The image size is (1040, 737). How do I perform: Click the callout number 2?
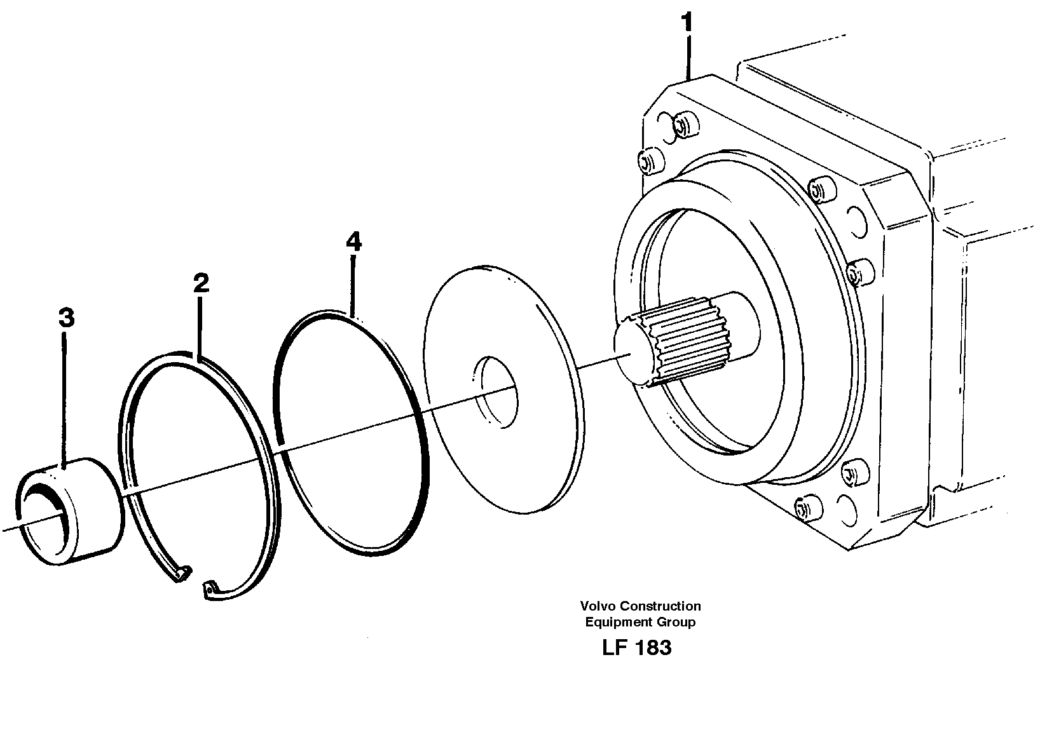201,283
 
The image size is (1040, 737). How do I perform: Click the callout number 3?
66,318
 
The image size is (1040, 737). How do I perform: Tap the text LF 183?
636,647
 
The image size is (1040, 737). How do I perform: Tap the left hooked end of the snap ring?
181,574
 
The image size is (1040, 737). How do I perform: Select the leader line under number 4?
353,283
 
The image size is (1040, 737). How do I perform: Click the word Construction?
660,606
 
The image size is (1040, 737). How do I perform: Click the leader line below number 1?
687,57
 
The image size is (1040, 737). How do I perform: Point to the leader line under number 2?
200,327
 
